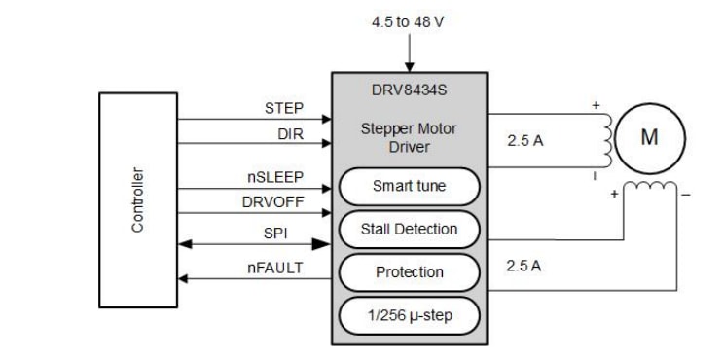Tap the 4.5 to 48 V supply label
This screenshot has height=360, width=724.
point(410,20)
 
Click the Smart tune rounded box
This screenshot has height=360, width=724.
point(410,185)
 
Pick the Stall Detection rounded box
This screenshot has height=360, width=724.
point(410,230)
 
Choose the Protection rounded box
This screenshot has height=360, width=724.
point(410,272)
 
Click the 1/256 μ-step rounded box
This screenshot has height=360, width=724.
point(410,315)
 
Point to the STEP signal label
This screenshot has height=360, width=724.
point(284,109)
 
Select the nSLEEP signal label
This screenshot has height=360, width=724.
point(276,178)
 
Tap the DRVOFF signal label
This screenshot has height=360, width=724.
point(273,203)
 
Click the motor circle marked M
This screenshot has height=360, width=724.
point(649,136)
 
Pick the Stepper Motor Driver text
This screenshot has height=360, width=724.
point(410,136)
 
